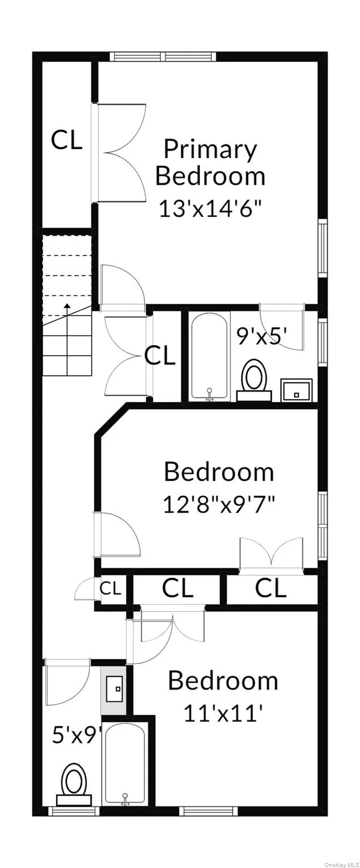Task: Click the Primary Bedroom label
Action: tap(210, 163)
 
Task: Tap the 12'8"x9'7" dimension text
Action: tap(219, 503)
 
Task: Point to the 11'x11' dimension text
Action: tap(223, 713)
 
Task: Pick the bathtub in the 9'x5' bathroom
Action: tap(209, 356)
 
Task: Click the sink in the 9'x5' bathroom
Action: tap(297, 390)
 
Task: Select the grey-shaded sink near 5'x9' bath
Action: tap(114, 689)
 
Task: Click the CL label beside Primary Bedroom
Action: tap(67, 140)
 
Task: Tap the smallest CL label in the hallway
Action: tap(110, 589)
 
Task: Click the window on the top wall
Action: tap(163, 57)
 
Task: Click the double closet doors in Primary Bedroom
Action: tap(120, 152)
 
